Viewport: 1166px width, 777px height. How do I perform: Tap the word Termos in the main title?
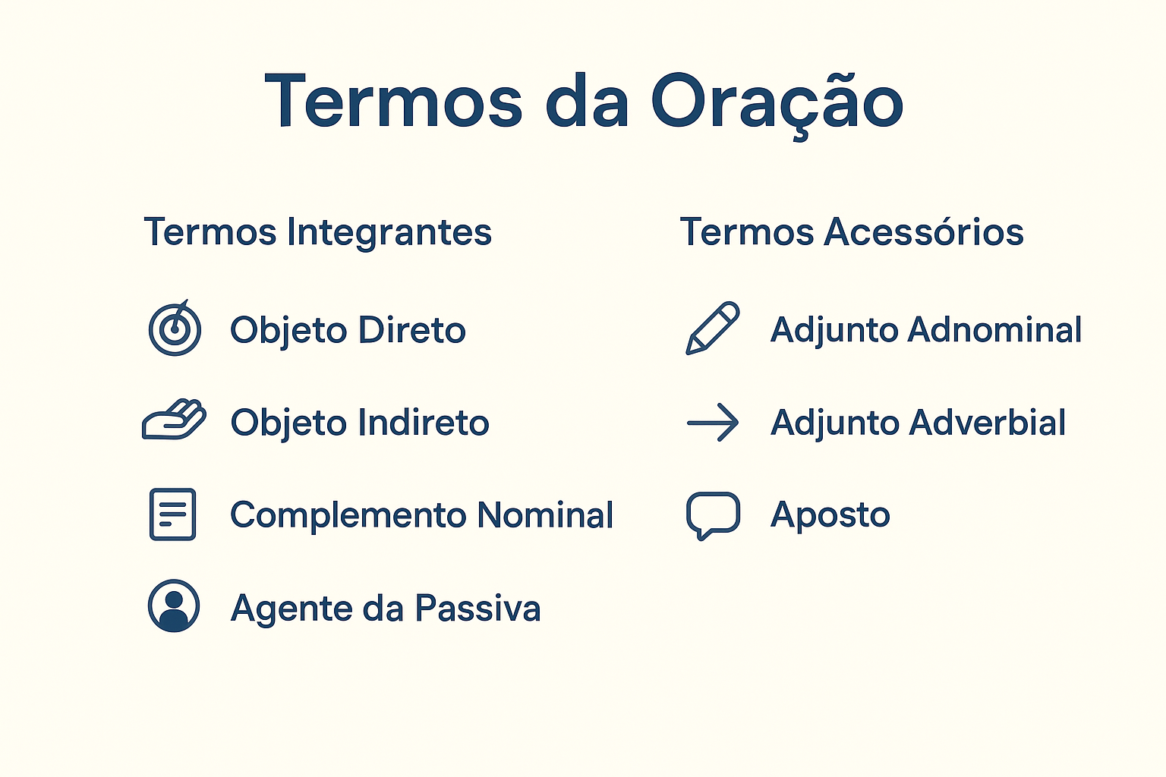(393, 100)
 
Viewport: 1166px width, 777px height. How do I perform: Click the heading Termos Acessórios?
(852, 231)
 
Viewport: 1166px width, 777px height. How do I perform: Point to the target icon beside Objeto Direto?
(175, 328)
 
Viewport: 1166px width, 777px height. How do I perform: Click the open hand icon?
(174, 420)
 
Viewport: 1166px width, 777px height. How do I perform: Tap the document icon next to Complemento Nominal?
(173, 514)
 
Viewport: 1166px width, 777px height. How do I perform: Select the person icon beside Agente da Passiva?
(174, 606)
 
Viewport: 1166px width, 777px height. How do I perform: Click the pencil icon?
(712, 328)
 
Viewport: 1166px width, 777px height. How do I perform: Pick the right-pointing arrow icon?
(713, 422)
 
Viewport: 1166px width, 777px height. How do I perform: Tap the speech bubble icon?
(713, 515)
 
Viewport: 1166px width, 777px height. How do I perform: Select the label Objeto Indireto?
(360, 423)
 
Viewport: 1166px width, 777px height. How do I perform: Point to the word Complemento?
(348, 516)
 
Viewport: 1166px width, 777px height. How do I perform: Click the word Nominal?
(545, 515)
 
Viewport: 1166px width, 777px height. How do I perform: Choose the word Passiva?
(477, 608)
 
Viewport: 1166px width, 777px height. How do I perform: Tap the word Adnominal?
(994, 329)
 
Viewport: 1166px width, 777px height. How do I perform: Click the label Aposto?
(830, 516)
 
